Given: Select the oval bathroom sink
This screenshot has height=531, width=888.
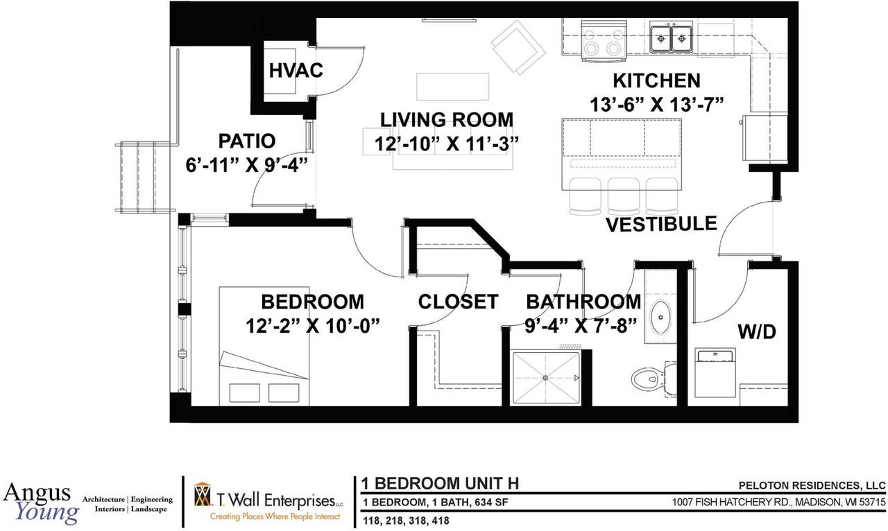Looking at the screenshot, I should point(660,317).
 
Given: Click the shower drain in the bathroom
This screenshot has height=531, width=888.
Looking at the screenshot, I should point(545,378).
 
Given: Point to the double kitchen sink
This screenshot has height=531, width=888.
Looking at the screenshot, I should point(672,39).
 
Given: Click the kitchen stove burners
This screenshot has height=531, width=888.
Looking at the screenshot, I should point(603,41).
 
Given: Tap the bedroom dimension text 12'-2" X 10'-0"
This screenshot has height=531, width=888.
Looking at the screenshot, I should point(312,326).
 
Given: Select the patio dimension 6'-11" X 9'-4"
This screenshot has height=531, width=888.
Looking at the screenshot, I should point(247,164).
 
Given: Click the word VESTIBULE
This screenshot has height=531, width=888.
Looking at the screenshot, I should point(661,224).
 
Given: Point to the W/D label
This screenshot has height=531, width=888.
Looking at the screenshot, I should point(756,331).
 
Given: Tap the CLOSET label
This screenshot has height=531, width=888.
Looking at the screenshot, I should point(458,302).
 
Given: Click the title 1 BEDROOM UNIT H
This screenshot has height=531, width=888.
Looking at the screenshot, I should point(440,484).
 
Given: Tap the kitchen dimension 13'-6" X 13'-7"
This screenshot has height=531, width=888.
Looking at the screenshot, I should point(656,104).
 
